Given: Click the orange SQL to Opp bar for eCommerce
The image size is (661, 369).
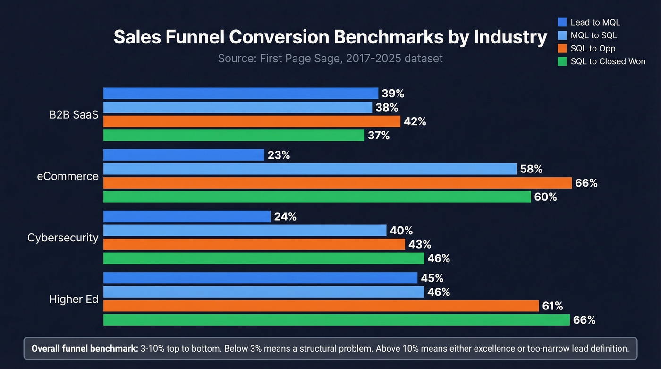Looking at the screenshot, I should click(x=338, y=183).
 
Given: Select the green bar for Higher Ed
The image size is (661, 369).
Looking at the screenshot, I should click(x=336, y=320).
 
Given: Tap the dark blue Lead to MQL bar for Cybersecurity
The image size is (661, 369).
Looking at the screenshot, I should click(x=186, y=216).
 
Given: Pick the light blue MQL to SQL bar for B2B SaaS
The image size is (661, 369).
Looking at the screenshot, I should click(x=237, y=107).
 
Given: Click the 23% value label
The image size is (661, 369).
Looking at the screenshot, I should click(x=279, y=155).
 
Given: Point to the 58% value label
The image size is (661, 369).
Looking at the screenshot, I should click(x=531, y=169).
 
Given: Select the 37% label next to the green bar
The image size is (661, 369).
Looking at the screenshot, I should click(x=379, y=136).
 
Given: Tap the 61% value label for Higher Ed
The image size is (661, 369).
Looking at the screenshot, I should click(x=552, y=306).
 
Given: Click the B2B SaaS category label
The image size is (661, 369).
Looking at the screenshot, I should click(x=74, y=115).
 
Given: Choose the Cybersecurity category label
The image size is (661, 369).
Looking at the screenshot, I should click(x=63, y=238).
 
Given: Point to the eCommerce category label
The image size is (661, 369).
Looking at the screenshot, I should click(x=68, y=176).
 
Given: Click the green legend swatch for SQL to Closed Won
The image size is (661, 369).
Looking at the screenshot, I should click(x=562, y=61).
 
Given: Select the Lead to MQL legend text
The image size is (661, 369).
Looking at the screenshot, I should click(x=595, y=22).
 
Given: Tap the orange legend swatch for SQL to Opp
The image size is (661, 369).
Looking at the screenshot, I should click(x=562, y=48).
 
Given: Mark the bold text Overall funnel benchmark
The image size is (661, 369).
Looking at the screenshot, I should click(x=85, y=349).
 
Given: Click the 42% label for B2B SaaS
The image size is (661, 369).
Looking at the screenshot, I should click(x=415, y=122).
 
